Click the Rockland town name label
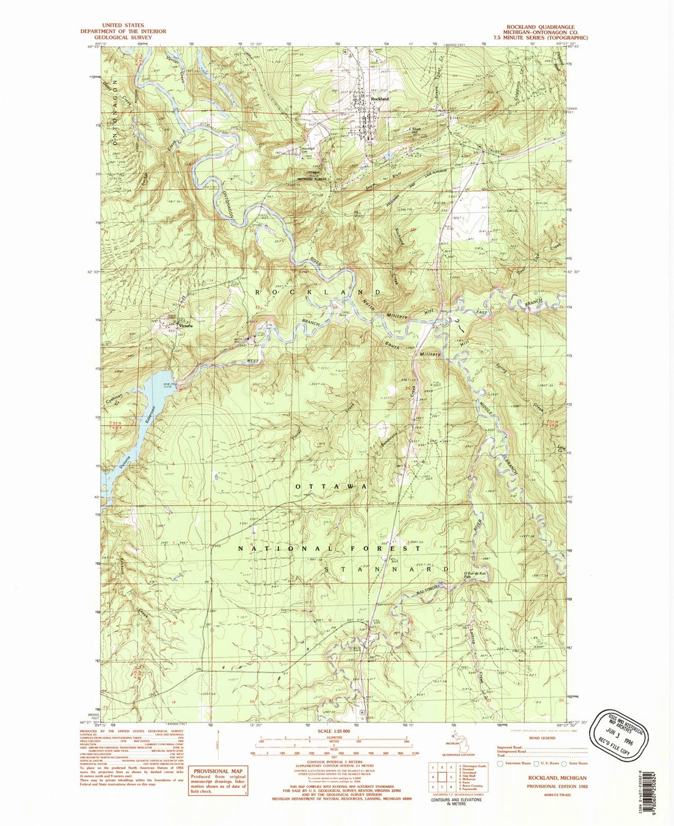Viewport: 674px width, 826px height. click(379, 99)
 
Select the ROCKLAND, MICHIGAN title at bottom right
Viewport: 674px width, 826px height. click(557, 778)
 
